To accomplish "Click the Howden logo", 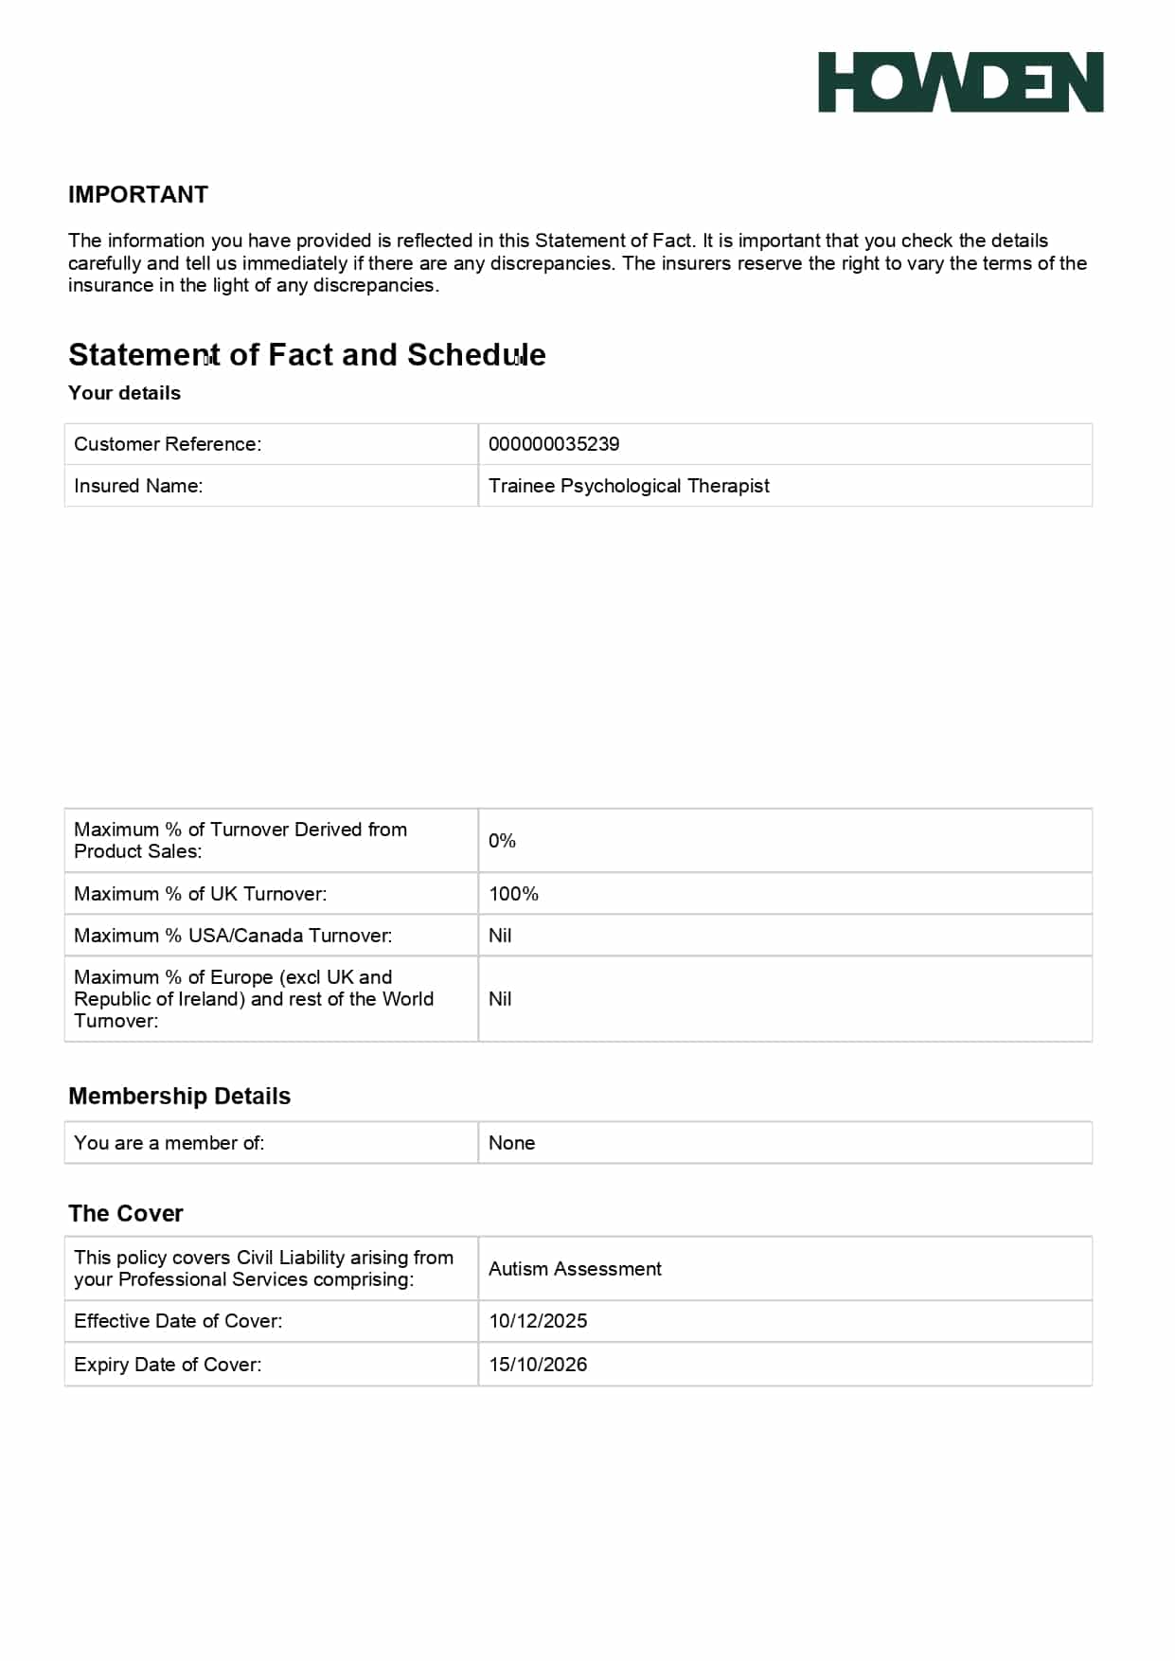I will point(960,82).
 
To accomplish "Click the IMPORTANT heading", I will point(138,194).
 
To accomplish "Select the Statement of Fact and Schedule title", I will point(307,354).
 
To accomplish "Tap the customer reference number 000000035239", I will point(554,444).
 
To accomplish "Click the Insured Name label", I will point(138,486).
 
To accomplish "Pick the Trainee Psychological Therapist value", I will point(629,486).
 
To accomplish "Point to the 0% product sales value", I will point(502,841).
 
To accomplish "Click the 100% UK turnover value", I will point(513,894).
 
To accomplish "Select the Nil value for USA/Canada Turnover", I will point(500,936).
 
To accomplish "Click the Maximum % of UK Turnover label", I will point(200,894).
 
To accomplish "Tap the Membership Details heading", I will point(179,1096).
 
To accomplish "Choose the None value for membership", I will point(511,1143).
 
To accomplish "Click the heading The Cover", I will point(126,1213).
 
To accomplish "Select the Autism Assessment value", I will point(575,1269).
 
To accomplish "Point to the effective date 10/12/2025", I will point(538,1321).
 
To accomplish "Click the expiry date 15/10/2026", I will point(538,1365).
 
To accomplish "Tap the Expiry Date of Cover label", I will point(168,1365).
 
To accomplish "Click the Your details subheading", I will point(124,393).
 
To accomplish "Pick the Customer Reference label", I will point(168,444).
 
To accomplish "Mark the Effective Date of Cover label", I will point(178,1321).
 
